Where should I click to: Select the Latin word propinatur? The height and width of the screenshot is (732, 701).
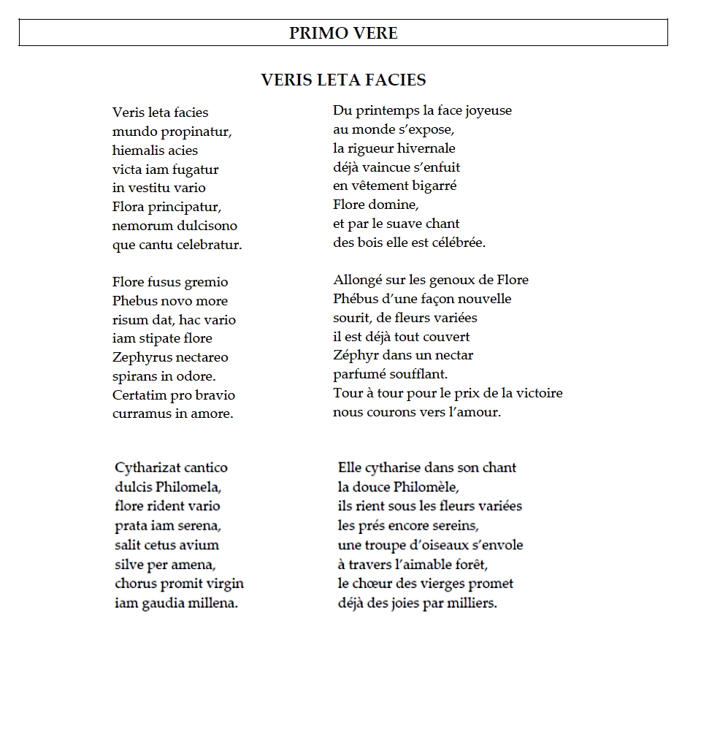click(191, 131)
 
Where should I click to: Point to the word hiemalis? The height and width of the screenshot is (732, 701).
click(137, 150)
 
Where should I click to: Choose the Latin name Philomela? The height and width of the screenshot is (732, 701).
click(185, 487)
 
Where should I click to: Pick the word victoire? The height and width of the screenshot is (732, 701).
click(538, 394)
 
